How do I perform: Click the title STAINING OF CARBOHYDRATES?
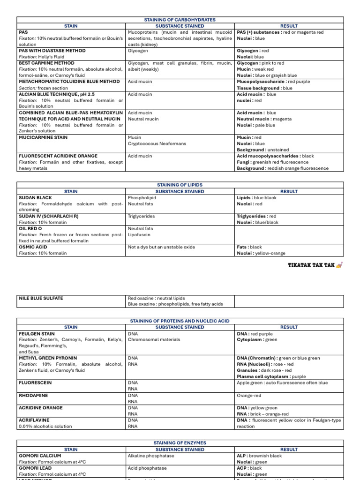click(x=180, y=20)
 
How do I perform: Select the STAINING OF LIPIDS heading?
click(x=180, y=185)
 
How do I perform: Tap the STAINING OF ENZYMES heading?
click(x=180, y=443)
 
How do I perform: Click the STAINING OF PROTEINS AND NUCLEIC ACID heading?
click(x=180, y=321)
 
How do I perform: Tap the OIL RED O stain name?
click(x=30, y=229)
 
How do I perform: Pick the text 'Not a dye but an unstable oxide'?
click(x=161, y=247)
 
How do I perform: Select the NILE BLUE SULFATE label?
click(x=41, y=298)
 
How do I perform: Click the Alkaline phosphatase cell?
click(x=151, y=456)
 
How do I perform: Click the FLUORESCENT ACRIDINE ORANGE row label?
click(x=58, y=156)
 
